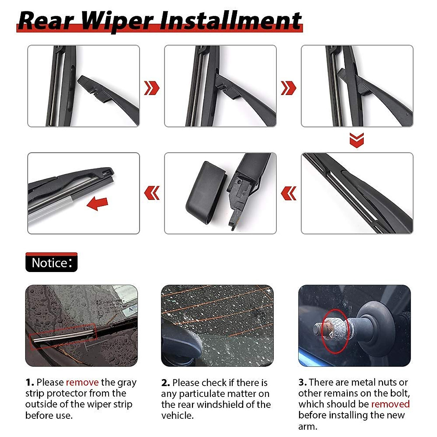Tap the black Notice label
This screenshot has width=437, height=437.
pyautogui.click(x=51, y=263)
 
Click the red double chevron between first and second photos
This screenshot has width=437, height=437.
pyautogui.click(x=152, y=88)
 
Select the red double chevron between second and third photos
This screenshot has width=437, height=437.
pyautogui.click(x=288, y=88)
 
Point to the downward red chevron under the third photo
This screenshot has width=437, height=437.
pyautogui.click(x=357, y=140)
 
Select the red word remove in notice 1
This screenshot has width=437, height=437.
pyautogui.click(x=82, y=382)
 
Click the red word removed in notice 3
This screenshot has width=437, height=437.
pyautogui.click(x=390, y=404)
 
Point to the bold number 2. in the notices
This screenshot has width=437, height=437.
pyautogui.click(x=165, y=383)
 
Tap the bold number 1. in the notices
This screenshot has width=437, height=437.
pyautogui.click(x=29, y=382)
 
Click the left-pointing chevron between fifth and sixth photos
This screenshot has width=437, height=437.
pyautogui.click(x=152, y=193)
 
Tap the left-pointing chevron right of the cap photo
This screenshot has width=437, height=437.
pyautogui.click(x=288, y=193)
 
